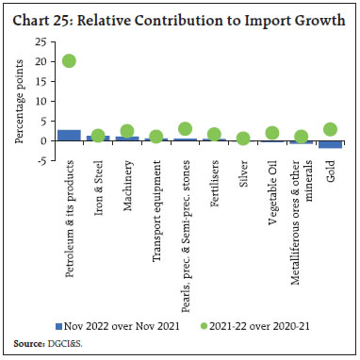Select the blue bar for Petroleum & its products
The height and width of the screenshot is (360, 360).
(70, 135)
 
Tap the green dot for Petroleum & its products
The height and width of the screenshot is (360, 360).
(70, 61)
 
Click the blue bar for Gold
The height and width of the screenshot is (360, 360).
(330, 144)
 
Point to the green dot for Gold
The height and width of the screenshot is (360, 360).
(330, 129)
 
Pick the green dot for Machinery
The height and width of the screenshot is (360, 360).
(127, 131)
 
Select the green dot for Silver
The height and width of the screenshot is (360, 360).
(243, 139)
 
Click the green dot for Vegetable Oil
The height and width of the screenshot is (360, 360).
(272, 133)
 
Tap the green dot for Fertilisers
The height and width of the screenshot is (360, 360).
(214, 134)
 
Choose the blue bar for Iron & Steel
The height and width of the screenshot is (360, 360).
(98, 138)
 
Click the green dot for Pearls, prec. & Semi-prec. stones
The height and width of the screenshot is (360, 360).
(185, 129)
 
